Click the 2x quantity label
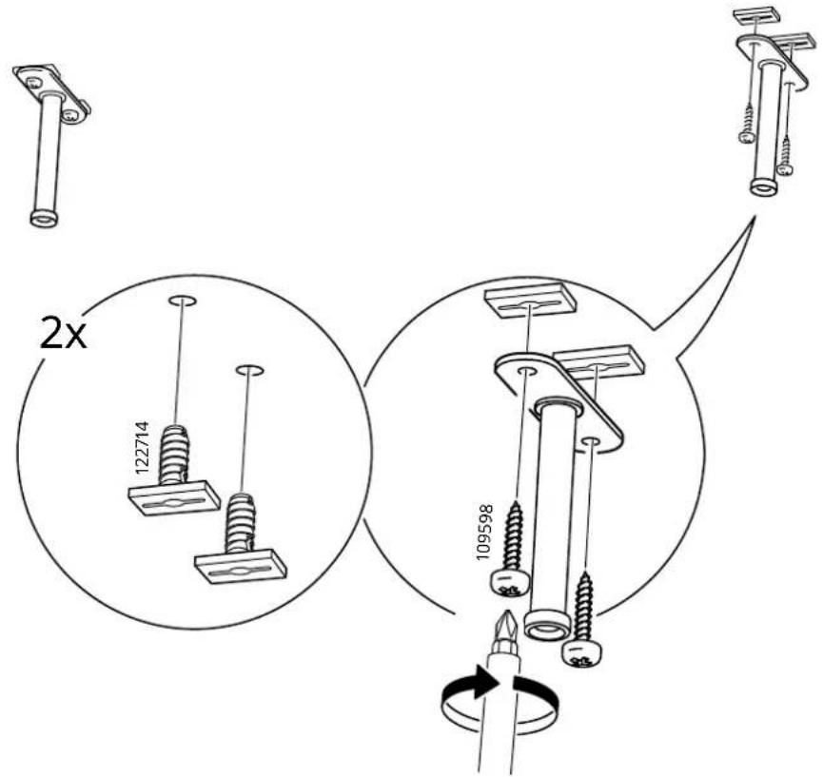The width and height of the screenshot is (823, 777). [x=63, y=335]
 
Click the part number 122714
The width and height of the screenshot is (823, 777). [x=142, y=448]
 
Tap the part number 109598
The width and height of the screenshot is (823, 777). [x=484, y=532]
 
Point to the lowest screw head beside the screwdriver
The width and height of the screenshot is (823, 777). [x=581, y=653]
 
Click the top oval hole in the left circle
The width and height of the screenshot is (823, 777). [x=183, y=301]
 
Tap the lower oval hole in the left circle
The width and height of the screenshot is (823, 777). [x=249, y=370]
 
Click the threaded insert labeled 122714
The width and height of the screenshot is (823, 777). [x=174, y=455]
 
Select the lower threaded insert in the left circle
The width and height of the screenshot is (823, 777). [x=241, y=523]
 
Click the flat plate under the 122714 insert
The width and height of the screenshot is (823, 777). [x=174, y=498]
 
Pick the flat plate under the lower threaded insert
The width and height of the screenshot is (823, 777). [x=241, y=567]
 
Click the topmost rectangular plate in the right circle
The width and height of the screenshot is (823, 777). [x=530, y=301]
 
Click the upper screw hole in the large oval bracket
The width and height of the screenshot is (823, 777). [x=526, y=372]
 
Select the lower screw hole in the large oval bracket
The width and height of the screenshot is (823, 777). [x=591, y=441]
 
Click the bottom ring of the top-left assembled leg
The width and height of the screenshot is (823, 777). [x=44, y=219]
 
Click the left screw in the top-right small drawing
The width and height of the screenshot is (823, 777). [x=748, y=124]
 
